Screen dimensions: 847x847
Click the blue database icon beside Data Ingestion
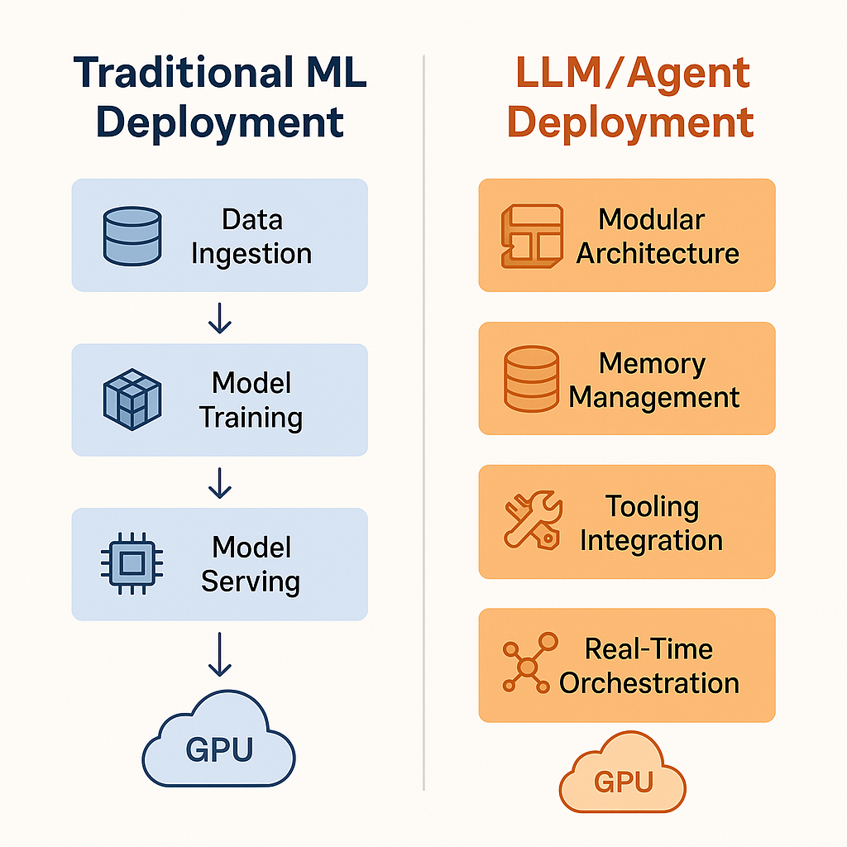(x=132, y=237)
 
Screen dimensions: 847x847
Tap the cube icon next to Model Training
(x=132, y=400)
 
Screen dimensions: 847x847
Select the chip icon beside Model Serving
(x=132, y=564)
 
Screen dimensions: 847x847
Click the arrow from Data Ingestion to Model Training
(x=219, y=318)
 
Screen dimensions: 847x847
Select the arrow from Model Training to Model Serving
(x=219, y=482)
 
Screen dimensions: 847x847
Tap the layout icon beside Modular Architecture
(x=532, y=236)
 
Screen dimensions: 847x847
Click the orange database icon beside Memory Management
(x=532, y=379)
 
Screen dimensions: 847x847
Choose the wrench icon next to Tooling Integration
(x=532, y=522)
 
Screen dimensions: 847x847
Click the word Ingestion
(x=251, y=253)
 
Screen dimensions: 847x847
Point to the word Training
(x=251, y=417)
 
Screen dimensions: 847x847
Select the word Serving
(x=251, y=581)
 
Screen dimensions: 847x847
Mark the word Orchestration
(x=649, y=683)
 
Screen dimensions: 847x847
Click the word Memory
(x=652, y=363)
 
